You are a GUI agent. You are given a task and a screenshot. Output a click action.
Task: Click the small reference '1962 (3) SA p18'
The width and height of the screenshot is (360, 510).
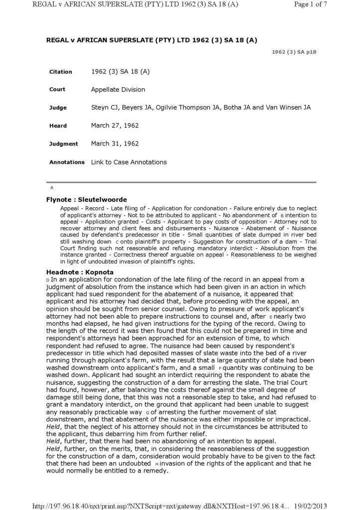(294, 52)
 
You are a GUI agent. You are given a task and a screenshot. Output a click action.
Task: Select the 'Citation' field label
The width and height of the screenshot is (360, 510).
(61, 72)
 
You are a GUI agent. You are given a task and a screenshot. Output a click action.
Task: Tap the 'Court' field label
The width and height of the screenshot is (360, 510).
(57, 90)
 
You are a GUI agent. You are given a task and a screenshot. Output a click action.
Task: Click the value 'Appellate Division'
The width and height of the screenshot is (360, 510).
(118, 90)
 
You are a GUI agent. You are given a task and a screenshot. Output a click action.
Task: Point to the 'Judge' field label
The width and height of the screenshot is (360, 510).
(58, 108)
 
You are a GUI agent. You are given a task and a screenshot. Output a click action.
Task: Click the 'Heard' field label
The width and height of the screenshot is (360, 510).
(58, 126)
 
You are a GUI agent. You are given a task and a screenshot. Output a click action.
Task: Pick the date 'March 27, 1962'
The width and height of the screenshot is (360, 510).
(115, 126)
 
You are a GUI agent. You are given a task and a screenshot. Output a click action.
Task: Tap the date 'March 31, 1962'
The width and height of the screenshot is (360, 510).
(115, 143)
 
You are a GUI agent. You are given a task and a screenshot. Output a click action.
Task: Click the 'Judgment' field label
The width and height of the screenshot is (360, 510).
(64, 144)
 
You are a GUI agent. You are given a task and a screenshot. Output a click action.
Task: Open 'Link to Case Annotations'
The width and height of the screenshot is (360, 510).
(128, 162)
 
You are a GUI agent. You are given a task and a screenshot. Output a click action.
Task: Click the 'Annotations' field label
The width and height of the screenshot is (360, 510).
(67, 162)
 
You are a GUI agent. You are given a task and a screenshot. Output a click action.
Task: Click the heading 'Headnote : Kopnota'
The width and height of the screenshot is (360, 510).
(80, 272)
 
